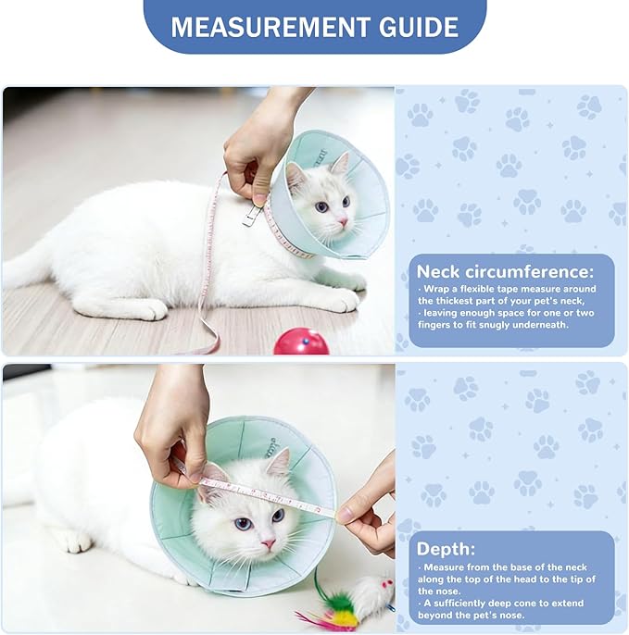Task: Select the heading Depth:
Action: click(x=447, y=548)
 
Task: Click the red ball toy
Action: click(x=300, y=342)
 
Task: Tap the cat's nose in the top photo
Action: click(x=341, y=222)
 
